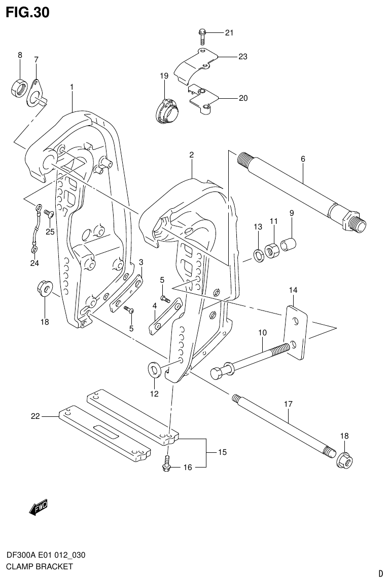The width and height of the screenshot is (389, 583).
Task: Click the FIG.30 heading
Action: pos(27,13)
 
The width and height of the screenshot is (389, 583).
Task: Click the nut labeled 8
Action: pos(19,89)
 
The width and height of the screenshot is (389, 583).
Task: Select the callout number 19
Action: pos(164,76)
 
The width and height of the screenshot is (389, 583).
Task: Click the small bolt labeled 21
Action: pos(201,35)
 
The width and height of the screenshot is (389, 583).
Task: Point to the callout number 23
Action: pos(243,57)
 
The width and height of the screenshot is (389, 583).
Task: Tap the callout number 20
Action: pos(243,98)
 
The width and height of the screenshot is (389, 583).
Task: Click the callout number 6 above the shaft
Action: pos(303,159)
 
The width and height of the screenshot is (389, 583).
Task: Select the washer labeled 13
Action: pos(258,255)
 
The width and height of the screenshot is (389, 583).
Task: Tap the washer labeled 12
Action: pos(154,370)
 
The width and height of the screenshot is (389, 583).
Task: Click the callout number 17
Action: pos(288,405)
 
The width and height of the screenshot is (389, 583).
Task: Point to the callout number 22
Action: pos(35,416)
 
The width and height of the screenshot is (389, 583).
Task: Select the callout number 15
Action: pos(222,452)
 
